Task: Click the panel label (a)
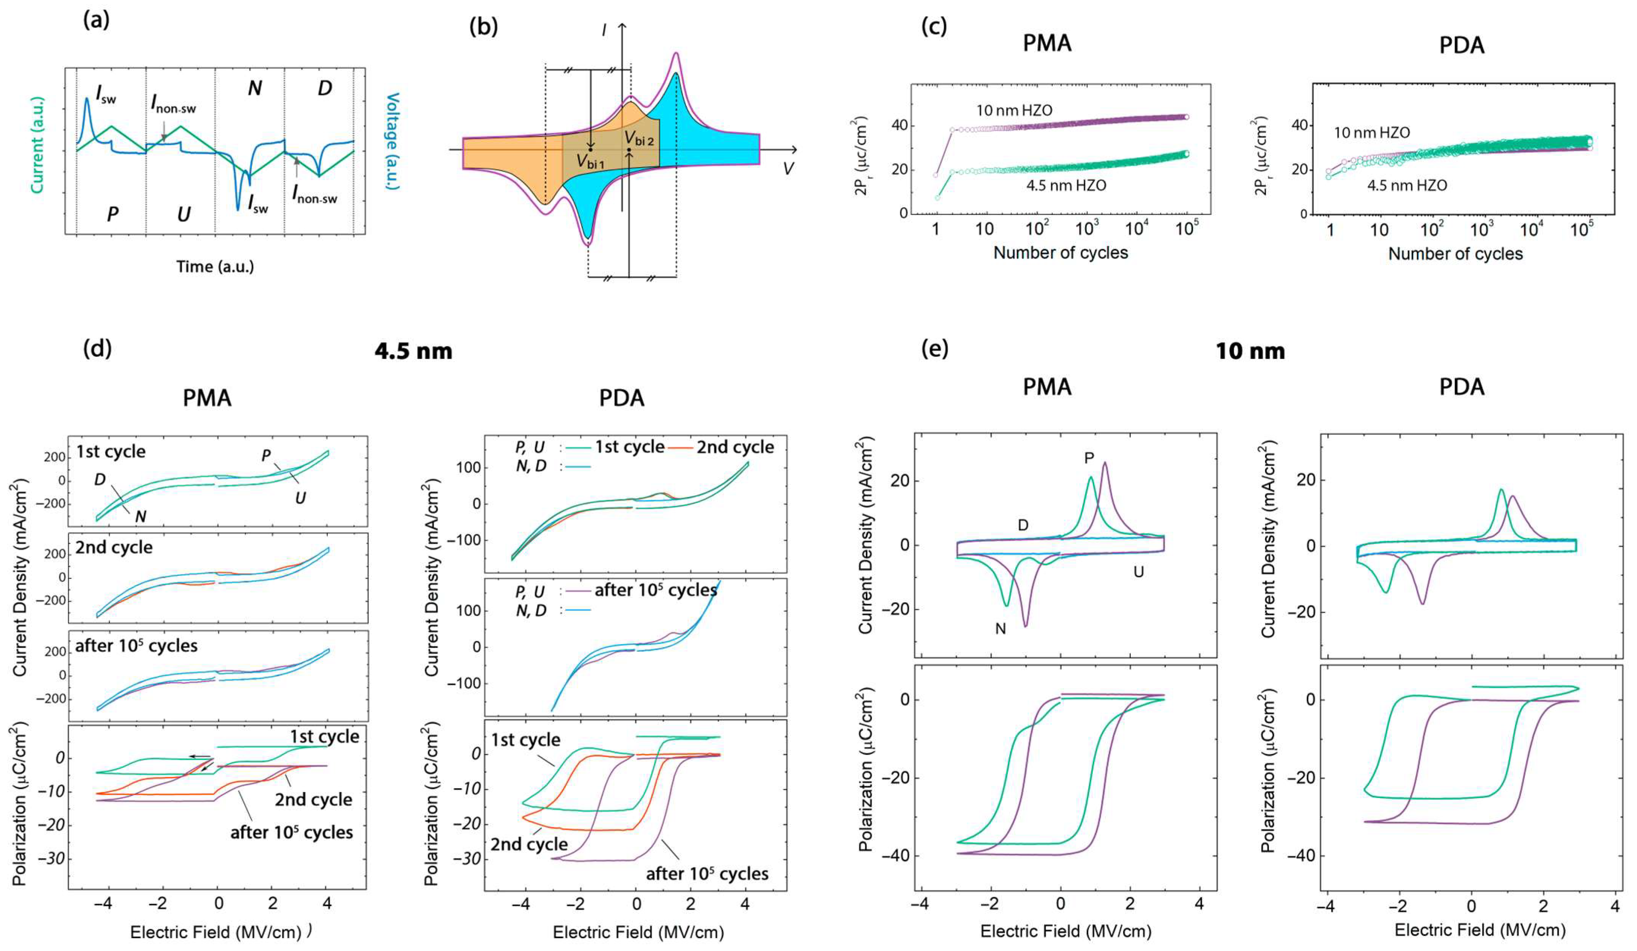coord(96,21)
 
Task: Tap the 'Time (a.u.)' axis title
coord(215,266)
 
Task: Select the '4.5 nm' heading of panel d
coord(413,351)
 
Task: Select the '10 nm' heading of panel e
coord(1250,351)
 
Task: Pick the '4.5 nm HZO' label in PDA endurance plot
coord(1407,186)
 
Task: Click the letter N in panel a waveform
coord(255,89)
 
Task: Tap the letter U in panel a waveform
coord(184,214)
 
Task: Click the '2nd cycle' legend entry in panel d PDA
coord(735,447)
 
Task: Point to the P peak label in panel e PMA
coord(1089,458)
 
